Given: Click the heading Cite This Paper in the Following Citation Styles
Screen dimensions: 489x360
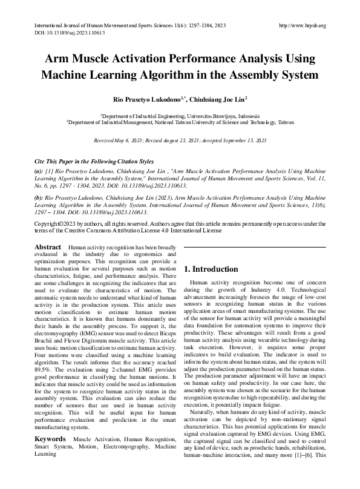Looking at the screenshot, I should [96, 163].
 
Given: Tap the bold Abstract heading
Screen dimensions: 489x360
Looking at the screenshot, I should [48, 248].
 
